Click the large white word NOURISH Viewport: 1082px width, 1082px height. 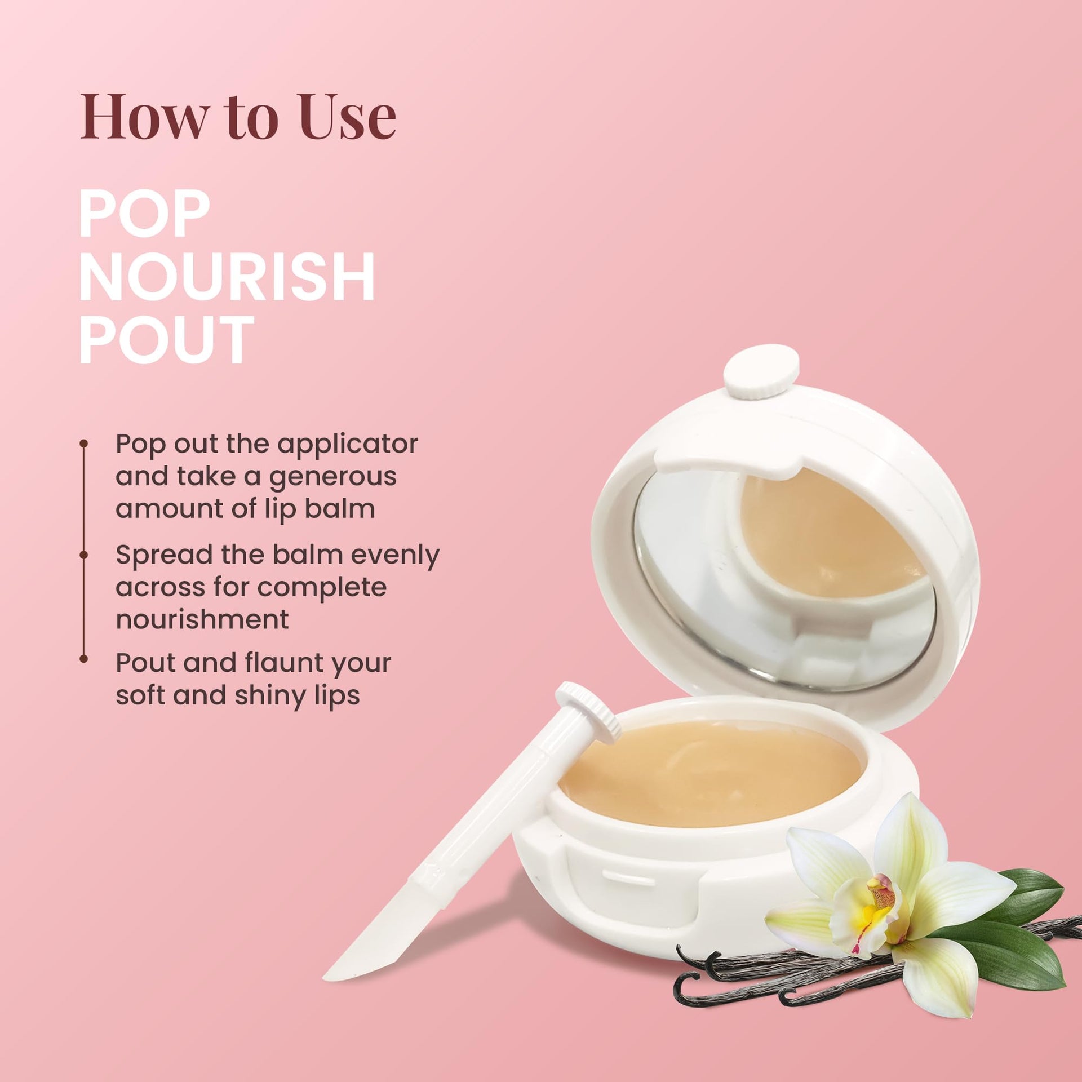227,277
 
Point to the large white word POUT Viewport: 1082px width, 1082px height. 166,339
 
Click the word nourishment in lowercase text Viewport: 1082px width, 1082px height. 202,619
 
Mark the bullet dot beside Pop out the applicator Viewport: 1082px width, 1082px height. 84,444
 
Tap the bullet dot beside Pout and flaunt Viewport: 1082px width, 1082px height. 84,658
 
